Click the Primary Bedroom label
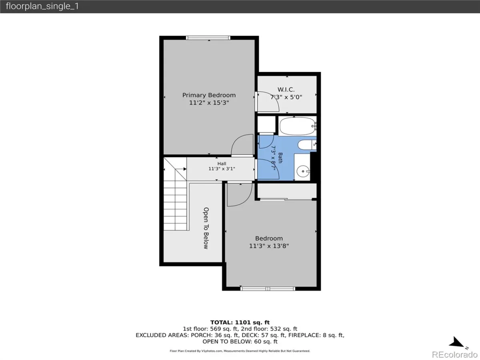(209, 95)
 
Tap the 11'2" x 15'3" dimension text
(209, 103)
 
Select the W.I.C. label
(286, 90)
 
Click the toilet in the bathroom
(307, 145)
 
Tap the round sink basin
(303, 171)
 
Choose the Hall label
(222, 164)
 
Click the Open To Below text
(206, 228)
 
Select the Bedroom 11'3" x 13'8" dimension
(269, 246)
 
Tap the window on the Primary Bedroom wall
(208, 38)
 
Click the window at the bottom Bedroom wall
(268, 288)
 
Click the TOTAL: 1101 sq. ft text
(240, 322)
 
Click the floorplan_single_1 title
(42, 6)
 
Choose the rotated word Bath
(280, 158)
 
